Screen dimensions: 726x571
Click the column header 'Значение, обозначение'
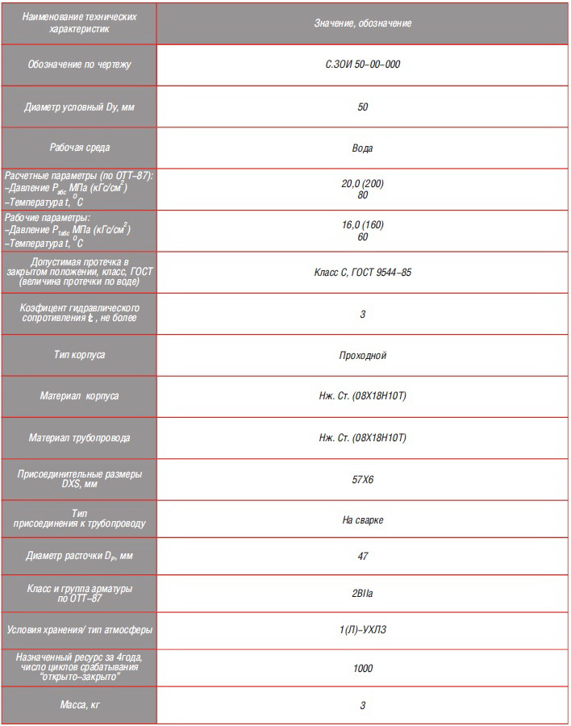point(362,23)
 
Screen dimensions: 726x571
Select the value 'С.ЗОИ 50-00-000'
point(362,64)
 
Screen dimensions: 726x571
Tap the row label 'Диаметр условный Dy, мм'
point(79,106)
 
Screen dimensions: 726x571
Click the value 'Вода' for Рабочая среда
point(362,148)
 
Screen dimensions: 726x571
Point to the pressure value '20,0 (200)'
point(362,183)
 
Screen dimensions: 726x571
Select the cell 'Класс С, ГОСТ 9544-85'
point(362,273)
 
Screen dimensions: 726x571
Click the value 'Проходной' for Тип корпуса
point(362,355)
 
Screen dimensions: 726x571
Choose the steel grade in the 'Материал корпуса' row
point(362,396)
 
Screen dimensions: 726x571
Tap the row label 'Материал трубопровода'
point(79,438)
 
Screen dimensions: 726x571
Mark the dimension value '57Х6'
point(362,479)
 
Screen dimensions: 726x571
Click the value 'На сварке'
point(362,520)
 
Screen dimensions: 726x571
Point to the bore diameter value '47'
point(362,556)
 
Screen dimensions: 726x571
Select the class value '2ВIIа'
point(362,593)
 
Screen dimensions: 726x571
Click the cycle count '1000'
point(362,668)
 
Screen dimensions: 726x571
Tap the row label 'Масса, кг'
point(79,705)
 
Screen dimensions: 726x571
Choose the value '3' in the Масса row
point(362,705)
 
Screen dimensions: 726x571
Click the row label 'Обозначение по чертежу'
point(79,64)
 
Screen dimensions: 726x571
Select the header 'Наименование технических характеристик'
point(79,23)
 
